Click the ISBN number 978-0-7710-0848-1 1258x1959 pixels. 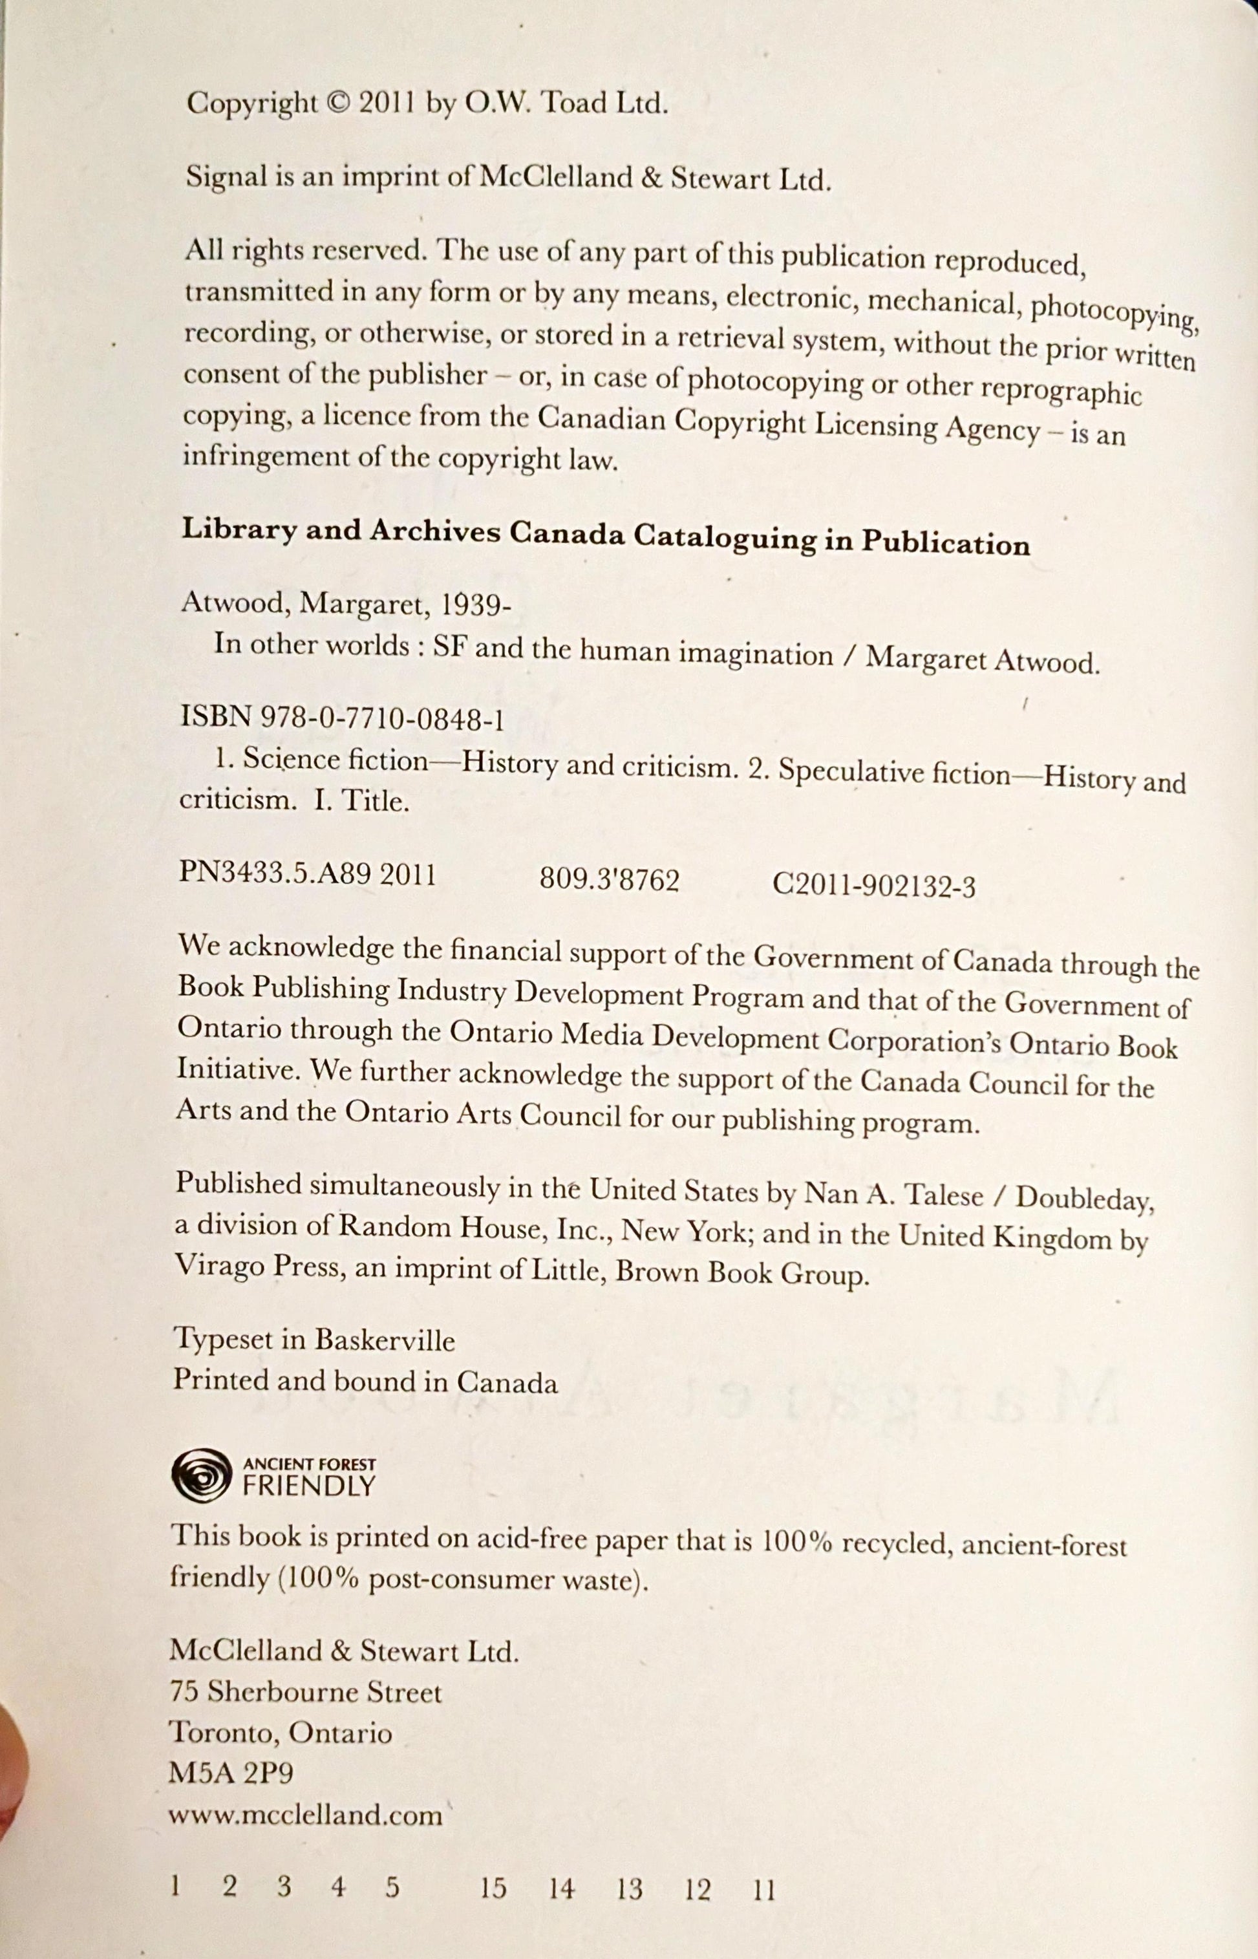tap(381, 719)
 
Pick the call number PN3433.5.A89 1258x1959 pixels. tap(275, 875)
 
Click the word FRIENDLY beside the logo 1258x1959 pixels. tap(309, 1484)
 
